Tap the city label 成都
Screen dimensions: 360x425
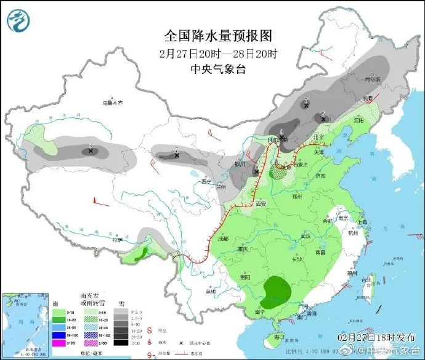pyautogui.click(x=221, y=238)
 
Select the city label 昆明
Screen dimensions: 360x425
pyautogui.click(x=211, y=290)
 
